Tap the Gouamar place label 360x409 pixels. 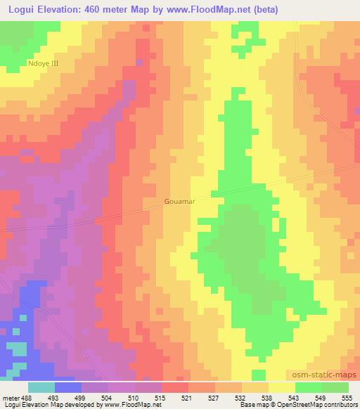click(179, 200)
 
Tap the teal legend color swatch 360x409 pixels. click(41, 387)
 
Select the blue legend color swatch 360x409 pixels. click(68, 387)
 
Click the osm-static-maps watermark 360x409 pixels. click(327, 376)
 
